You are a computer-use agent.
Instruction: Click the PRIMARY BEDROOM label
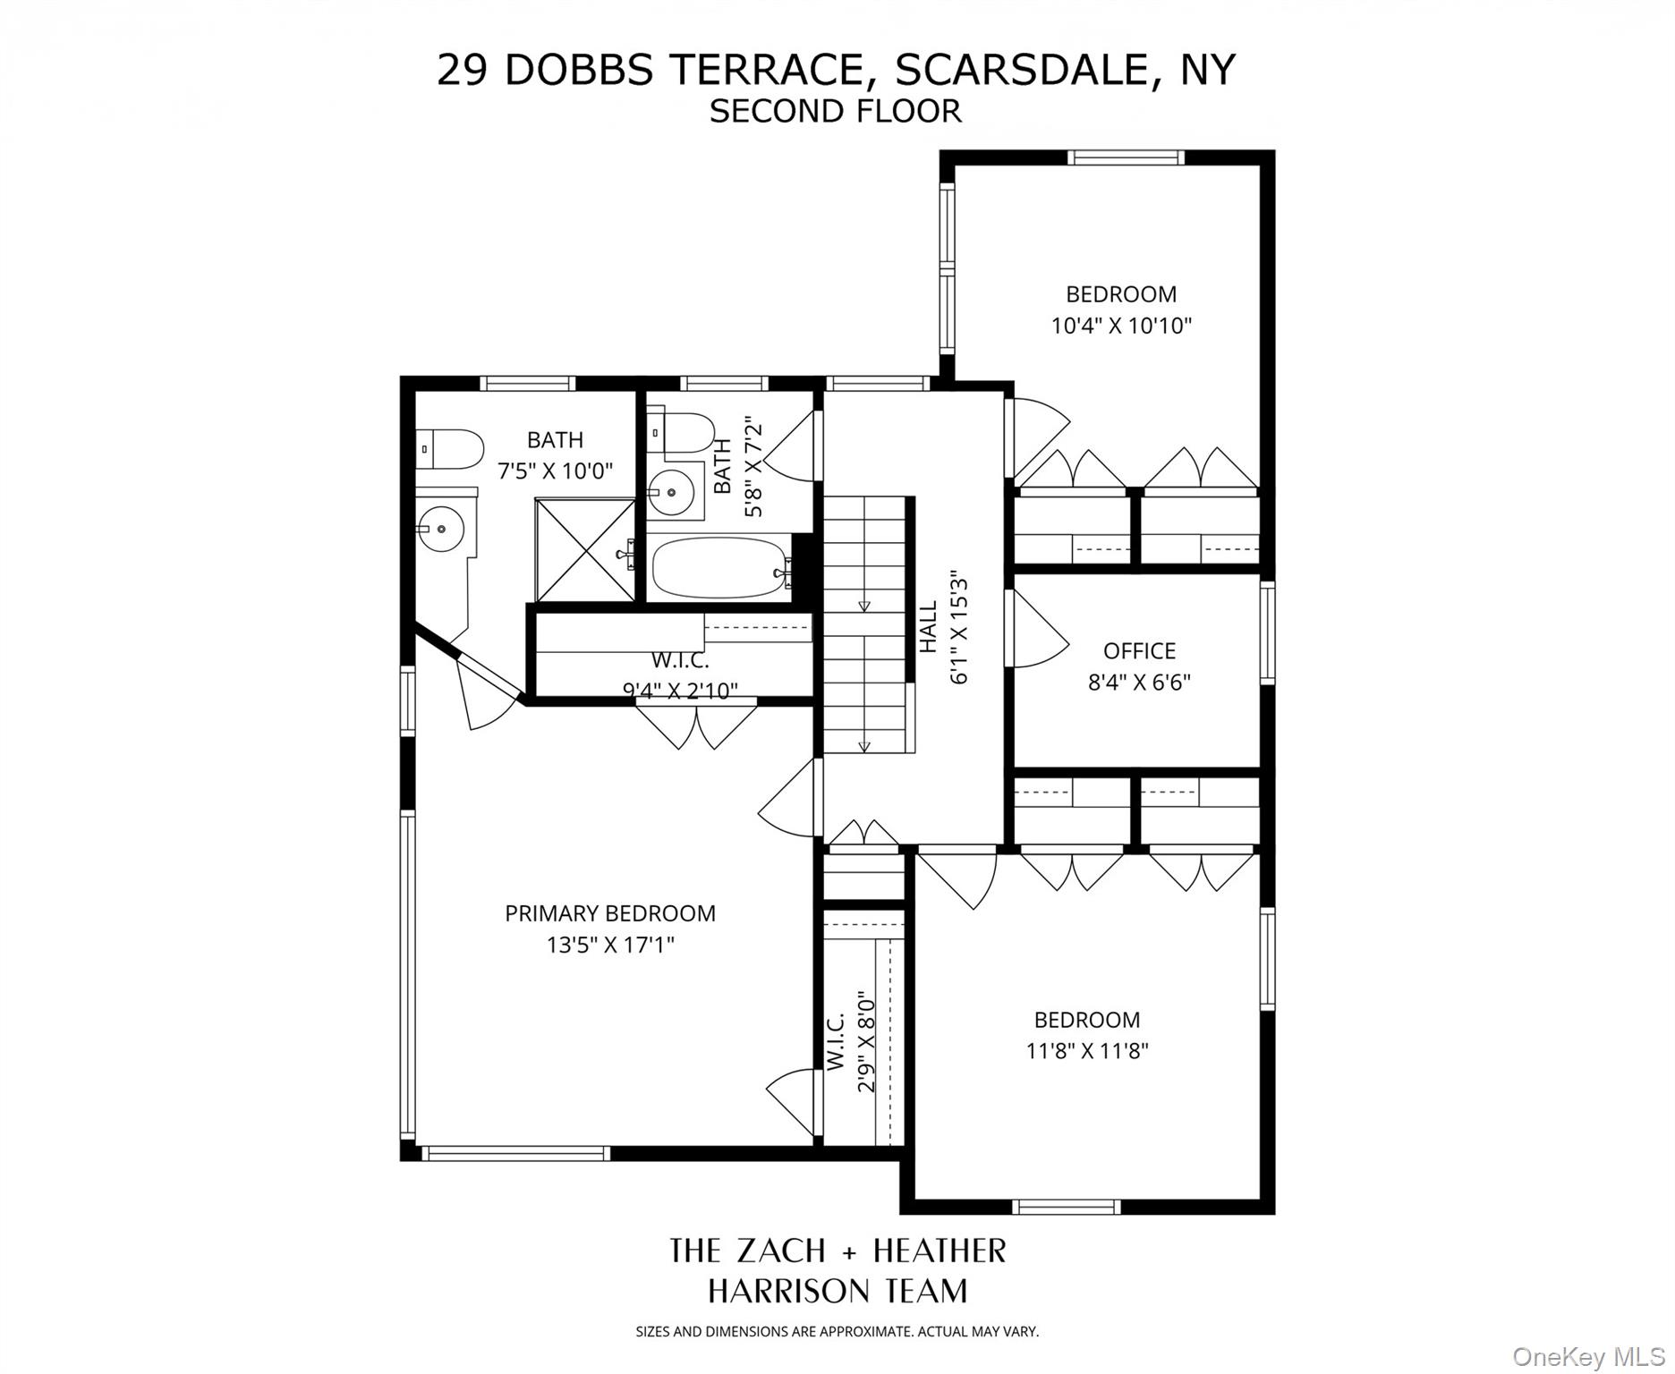pyautogui.click(x=609, y=913)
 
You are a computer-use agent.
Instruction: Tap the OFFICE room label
pyautogui.click(x=1138, y=650)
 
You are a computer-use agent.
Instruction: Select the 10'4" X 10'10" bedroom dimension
pyautogui.click(x=1121, y=326)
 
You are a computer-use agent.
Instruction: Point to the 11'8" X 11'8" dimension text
pyautogui.click(x=1086, y=1050)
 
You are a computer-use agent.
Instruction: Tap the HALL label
pyautogui.click(x=929, y=626)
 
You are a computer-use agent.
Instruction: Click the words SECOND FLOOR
pyautogui.click(x=835, y=111)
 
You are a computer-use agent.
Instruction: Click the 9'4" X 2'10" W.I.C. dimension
pyautogui.click(x=680, y=691)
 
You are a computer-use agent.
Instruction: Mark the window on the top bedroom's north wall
pyautogui.click(x=1127, y=157)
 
